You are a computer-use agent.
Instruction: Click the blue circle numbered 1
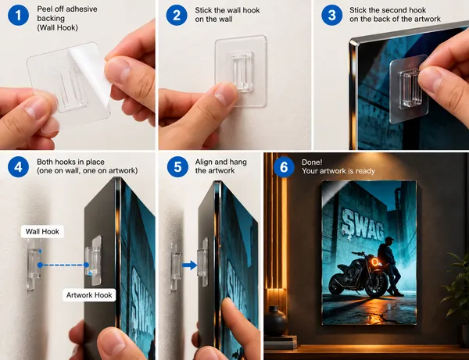coord(18,15)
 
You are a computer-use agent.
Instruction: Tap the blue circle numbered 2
coord(177,15)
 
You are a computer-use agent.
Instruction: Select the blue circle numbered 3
coord(331,15)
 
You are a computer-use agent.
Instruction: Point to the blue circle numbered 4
coord(18,166)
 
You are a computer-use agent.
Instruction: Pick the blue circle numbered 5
coord(177,166)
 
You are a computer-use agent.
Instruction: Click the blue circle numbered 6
coord(284,166)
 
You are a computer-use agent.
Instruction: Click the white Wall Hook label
coord(42,231)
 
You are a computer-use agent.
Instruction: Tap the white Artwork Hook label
coord(89,295)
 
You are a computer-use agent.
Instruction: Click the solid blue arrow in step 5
coord(190,265)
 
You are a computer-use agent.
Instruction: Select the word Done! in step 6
coord(312,162)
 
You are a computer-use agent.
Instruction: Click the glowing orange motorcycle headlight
coord(374,262)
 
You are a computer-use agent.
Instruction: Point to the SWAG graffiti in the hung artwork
coord(363,224)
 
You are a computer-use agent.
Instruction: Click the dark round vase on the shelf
coord(276,321)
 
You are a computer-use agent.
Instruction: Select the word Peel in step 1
coord(44,9)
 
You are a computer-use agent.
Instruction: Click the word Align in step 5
coord(203,162)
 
